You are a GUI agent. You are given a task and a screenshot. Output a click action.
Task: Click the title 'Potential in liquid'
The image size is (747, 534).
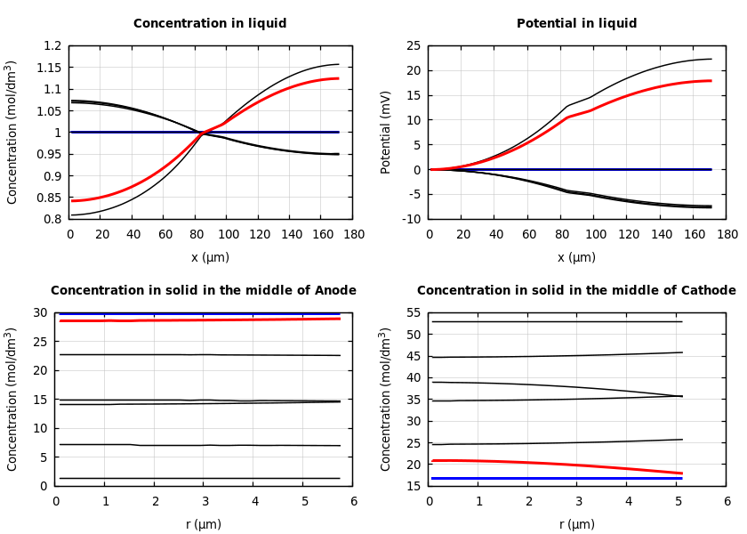[576, 24]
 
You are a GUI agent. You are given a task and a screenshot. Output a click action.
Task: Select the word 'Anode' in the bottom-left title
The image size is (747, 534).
[335, 291]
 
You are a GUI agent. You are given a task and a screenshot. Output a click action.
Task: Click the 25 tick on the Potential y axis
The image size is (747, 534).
[413, 46]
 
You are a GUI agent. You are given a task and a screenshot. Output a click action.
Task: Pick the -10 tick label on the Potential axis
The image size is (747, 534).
[410, 219]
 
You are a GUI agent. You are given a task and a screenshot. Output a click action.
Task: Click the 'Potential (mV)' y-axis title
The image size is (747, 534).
[386, 132]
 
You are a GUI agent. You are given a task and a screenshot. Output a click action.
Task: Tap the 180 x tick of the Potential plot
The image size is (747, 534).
[727, 234]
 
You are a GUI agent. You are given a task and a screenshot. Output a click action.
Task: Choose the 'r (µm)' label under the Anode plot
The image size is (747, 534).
[204, 524]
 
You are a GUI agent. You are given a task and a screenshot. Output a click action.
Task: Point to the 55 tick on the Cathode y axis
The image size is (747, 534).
[413, 313]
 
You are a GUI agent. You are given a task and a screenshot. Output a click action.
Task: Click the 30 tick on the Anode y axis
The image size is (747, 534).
[39, 313]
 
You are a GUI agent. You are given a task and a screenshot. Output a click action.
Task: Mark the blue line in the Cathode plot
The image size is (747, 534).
[551, 478]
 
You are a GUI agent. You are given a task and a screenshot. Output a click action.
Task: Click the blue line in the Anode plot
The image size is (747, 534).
[205, 313]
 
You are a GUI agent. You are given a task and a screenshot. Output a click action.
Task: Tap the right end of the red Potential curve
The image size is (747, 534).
[711, 81]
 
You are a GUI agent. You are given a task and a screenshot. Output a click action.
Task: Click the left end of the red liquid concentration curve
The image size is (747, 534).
[73, 200]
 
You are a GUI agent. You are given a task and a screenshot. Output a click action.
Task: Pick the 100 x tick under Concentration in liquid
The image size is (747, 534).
[228, 234]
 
